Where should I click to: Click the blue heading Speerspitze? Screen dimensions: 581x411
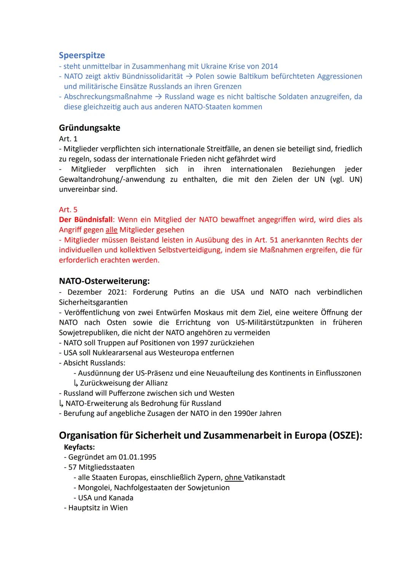[82, 56]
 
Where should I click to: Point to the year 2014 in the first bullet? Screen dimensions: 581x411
[269, 66]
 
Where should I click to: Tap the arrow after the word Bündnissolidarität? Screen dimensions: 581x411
[189, 76]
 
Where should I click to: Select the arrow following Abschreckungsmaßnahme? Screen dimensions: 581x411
[158, 97]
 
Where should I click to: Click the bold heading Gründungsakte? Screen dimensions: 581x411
[89, 128]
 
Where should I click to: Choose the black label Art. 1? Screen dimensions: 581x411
[68, 139]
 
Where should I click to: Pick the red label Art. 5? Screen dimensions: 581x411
[68, 210]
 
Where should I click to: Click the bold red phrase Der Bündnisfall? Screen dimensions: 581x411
[86, 220]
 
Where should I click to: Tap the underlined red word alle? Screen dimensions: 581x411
[112, 230]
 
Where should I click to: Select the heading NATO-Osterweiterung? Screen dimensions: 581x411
[104, 281]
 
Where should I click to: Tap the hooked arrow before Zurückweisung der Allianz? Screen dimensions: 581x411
[76, 383]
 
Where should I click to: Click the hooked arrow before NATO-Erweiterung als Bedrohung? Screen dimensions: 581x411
[61, 403]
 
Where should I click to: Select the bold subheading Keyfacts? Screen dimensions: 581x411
[79, 447]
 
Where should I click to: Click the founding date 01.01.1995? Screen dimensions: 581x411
[137, 457]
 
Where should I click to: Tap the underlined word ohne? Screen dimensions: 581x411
[233, 478]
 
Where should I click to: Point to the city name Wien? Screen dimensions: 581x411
[119, 508]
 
